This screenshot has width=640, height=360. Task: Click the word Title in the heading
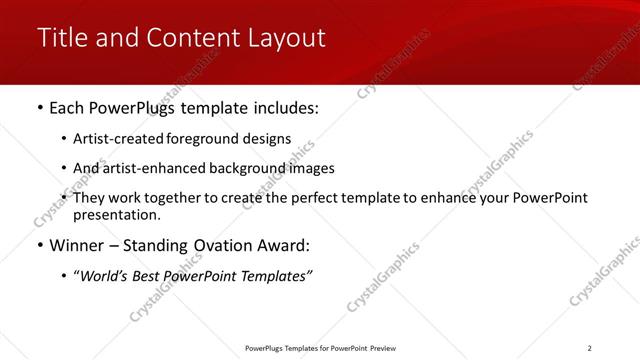[x=61, y=38]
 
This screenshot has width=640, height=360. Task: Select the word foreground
[x=205, y=139]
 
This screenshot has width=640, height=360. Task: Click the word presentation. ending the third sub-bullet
[x=116, y=214]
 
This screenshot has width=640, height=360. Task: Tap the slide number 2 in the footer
[x=590, y=347]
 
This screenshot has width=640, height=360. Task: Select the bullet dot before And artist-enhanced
[x=65, y=168]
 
